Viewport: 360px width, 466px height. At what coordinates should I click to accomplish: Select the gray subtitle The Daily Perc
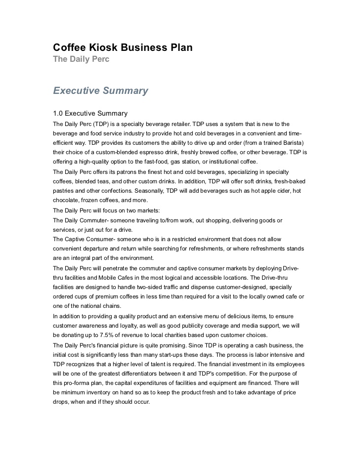pyautogui.click(x=81, y=59)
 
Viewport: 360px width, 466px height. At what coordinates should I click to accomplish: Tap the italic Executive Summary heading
pyautogui.click(x=100, y=91)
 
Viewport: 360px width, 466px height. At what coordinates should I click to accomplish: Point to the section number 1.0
pyautogui.click(x=58, y=114)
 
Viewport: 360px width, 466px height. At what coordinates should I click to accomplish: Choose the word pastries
pyautogui.click(x=64, y=191)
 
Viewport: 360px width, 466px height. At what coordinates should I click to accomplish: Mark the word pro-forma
pyautogui.click(x=78, y=382)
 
